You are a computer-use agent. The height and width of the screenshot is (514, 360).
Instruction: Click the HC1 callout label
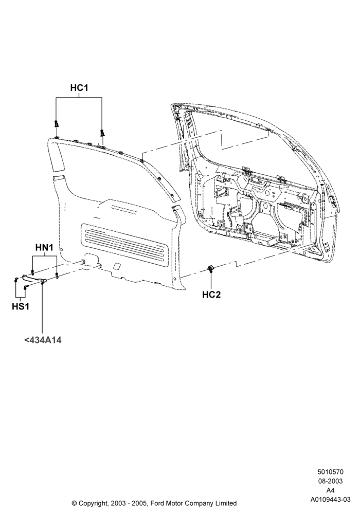[79, 88]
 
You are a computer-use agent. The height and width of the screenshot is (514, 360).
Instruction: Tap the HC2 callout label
[211, 295]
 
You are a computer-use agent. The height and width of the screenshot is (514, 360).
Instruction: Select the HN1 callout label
[44, 248]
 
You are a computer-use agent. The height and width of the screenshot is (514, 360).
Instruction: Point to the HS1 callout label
[21, 306]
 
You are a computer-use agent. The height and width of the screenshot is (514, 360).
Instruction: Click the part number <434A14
[43, 340]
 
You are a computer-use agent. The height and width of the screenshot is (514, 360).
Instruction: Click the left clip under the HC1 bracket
[57, 124]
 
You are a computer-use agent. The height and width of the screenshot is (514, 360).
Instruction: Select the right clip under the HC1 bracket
[103, 133]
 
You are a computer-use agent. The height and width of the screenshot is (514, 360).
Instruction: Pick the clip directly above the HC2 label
[210, 269]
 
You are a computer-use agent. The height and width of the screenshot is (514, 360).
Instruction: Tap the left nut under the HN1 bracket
[33, 272]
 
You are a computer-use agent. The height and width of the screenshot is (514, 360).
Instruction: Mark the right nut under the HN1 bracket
[57, 275]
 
